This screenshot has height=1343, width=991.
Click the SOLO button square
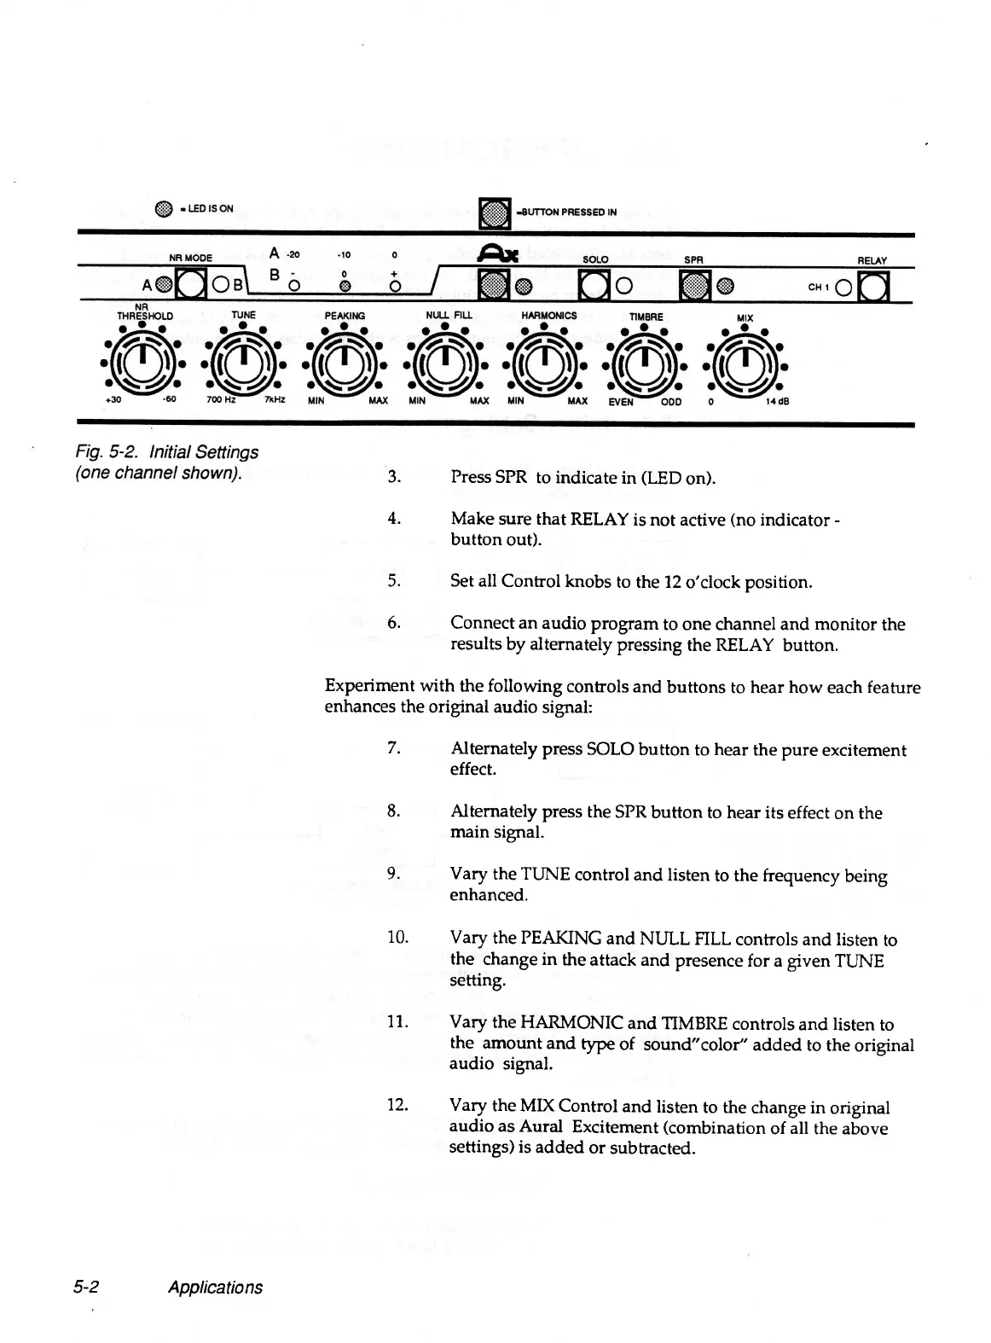592,285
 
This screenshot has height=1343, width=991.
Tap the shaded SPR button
693,285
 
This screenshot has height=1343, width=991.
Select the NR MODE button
190,285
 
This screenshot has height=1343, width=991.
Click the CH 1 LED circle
843,286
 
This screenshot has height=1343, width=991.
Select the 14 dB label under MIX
779,400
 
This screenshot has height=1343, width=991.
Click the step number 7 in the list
393,748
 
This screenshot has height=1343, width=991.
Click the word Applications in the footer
215,1288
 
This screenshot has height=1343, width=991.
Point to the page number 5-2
88,1288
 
